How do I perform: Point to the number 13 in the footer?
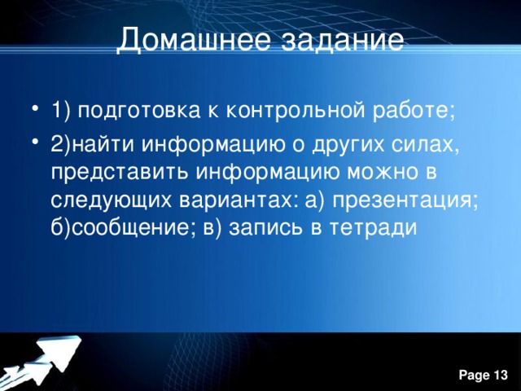pos(500,374)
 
